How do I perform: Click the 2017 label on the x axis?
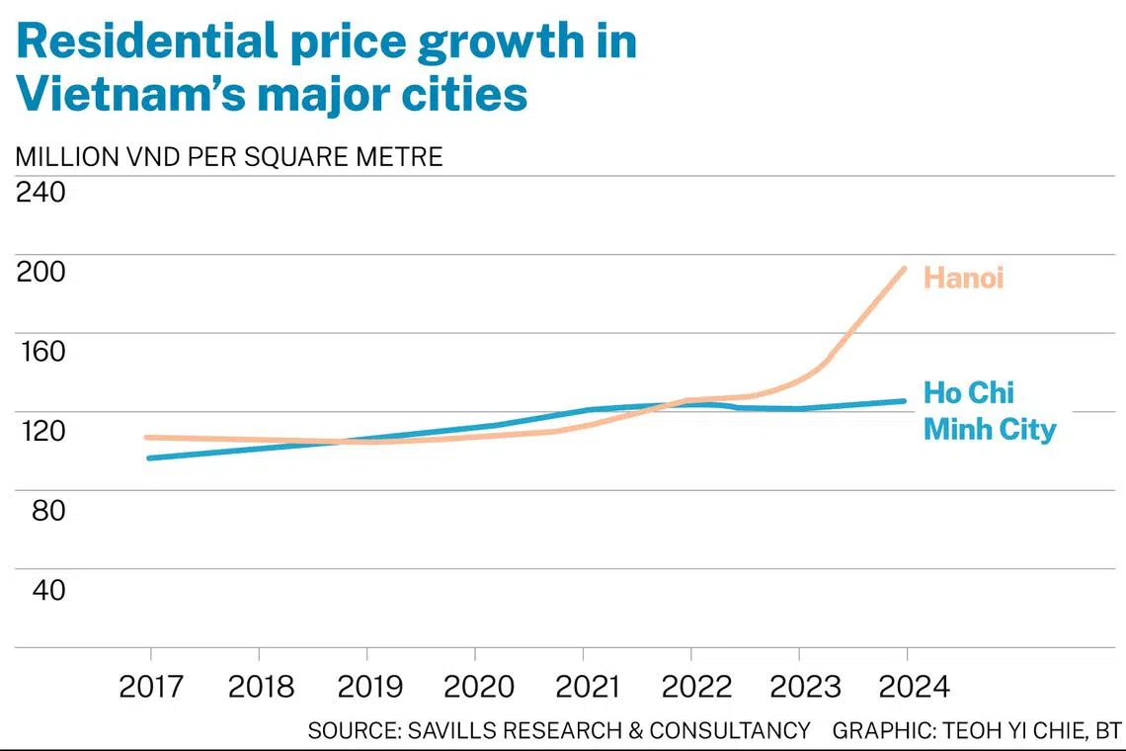[151, 687]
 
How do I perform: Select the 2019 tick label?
[367, 687]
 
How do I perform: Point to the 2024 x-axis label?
[907, 687]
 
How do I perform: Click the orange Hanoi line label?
[963, 278]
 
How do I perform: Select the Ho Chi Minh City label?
[989, 411]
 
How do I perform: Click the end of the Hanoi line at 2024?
[904, 268]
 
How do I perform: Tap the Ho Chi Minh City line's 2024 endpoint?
[904, 401]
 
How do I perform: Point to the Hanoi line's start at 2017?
[147, 437]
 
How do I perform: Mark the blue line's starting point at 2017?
[147, 459]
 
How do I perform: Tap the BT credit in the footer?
[1107, 731]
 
